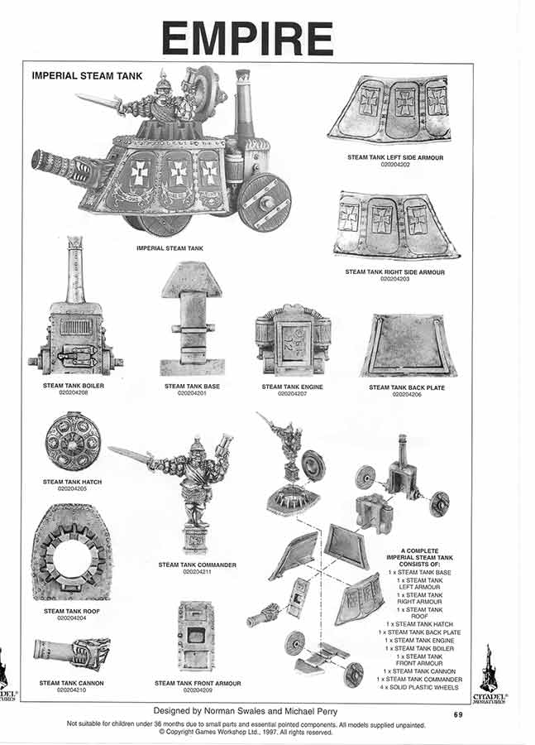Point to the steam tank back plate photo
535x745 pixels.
pos(412,346)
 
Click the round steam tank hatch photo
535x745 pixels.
pos(73,442)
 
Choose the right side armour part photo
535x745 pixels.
pos(396,224)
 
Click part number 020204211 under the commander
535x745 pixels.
pos(198,572)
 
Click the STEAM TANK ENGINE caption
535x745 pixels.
pos(292,387)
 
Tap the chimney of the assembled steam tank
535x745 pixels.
pos(245,103)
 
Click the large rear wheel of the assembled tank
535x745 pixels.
pos(264,202)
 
